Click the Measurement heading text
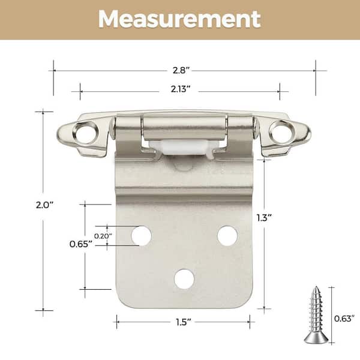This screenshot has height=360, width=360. click(179, 19)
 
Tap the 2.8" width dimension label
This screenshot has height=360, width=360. click(181, 70)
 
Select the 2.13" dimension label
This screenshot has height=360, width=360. click(181, 89)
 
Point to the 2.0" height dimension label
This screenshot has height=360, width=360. click(44, 205)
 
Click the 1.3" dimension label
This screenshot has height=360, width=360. click(264, 218)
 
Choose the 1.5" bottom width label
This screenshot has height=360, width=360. click(184, 322)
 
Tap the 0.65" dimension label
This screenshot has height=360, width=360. click(81, 244)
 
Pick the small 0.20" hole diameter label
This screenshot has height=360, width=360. click(103, 236)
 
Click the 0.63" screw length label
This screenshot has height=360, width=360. click(344, 319)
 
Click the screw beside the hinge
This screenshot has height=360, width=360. click(316, 316)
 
